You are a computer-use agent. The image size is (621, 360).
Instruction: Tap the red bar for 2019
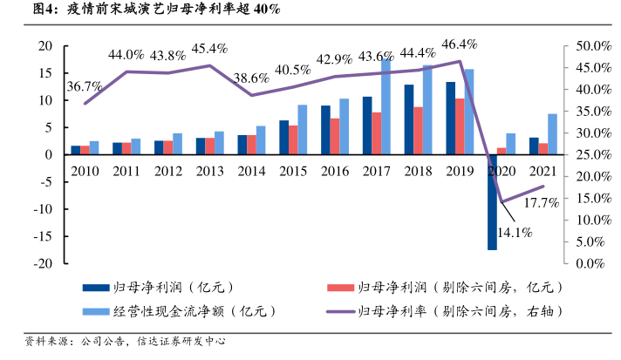[x=460, y=126]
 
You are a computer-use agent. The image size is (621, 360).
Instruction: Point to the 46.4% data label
[x=460, y=44]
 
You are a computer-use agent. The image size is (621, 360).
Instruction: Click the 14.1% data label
[x=515, y=233]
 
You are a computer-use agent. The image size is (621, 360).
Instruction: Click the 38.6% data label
[x=252, y=78]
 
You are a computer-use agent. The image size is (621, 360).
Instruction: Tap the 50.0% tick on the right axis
[x=592, y=45]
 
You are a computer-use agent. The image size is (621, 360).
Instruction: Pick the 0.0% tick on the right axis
[x=596, y=263]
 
